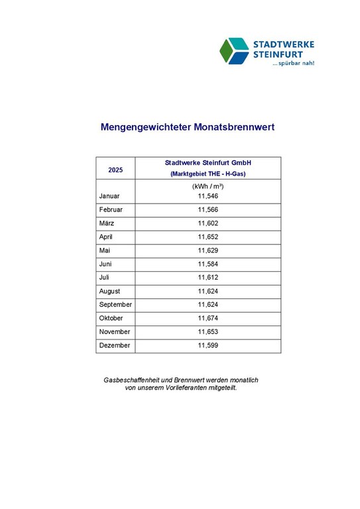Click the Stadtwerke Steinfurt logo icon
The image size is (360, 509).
point(235,51)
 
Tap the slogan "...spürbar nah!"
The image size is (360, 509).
point(293,63)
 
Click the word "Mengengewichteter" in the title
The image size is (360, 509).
point(141,126)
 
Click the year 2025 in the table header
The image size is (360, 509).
point(115,170)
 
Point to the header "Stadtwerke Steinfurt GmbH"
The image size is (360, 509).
point(208,162)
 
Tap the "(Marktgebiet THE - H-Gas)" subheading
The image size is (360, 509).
point(208,174)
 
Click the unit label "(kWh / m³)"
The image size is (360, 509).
point(208,187)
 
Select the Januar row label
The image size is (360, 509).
point(110,196)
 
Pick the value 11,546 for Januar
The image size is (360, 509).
point(208,196)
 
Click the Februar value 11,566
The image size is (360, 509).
point(208,209)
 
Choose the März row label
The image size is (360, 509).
point(107,223)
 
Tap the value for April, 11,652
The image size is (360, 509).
point(208,237)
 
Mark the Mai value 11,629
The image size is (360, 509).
point(208,251)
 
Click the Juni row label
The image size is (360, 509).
point(107,264)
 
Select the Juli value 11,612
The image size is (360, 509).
point(208,277)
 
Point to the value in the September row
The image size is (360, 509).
point(208,305)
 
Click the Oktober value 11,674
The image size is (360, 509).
point(208,318)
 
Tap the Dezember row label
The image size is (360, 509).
point(114,345)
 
